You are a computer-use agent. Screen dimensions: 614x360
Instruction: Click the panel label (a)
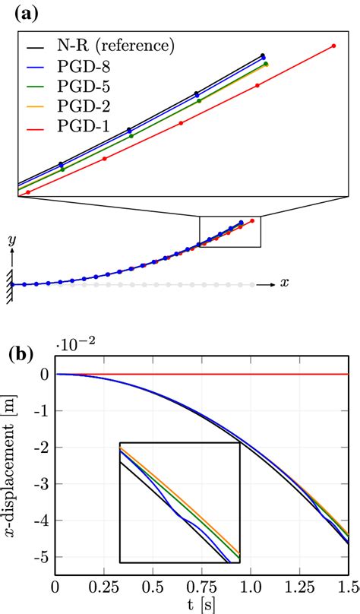(21, 12)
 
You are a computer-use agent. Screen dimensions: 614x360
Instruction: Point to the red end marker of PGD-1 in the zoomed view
(334, 46)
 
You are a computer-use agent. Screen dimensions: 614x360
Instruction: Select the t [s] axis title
(201, 604)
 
